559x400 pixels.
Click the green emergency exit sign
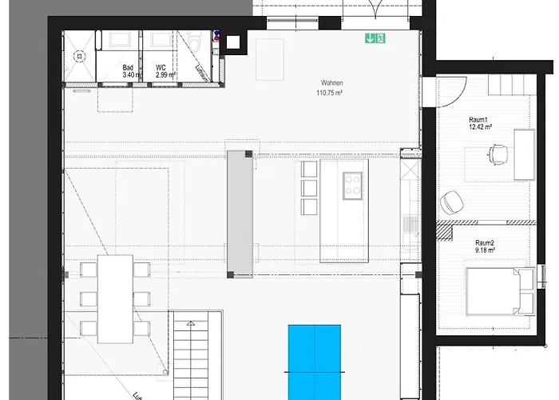coord(375,37)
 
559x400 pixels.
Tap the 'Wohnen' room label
coord(333,83)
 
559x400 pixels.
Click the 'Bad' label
coord(128,68)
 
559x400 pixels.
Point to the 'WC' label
coord(161,68)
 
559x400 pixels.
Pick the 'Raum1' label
coord(480,118)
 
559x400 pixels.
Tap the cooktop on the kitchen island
coord(352,186)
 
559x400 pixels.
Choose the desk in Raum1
coord(525,154)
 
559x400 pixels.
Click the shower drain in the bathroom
coord(78,56)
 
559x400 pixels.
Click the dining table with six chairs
coord(116,298)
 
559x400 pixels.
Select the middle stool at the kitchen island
coord(309,188)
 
